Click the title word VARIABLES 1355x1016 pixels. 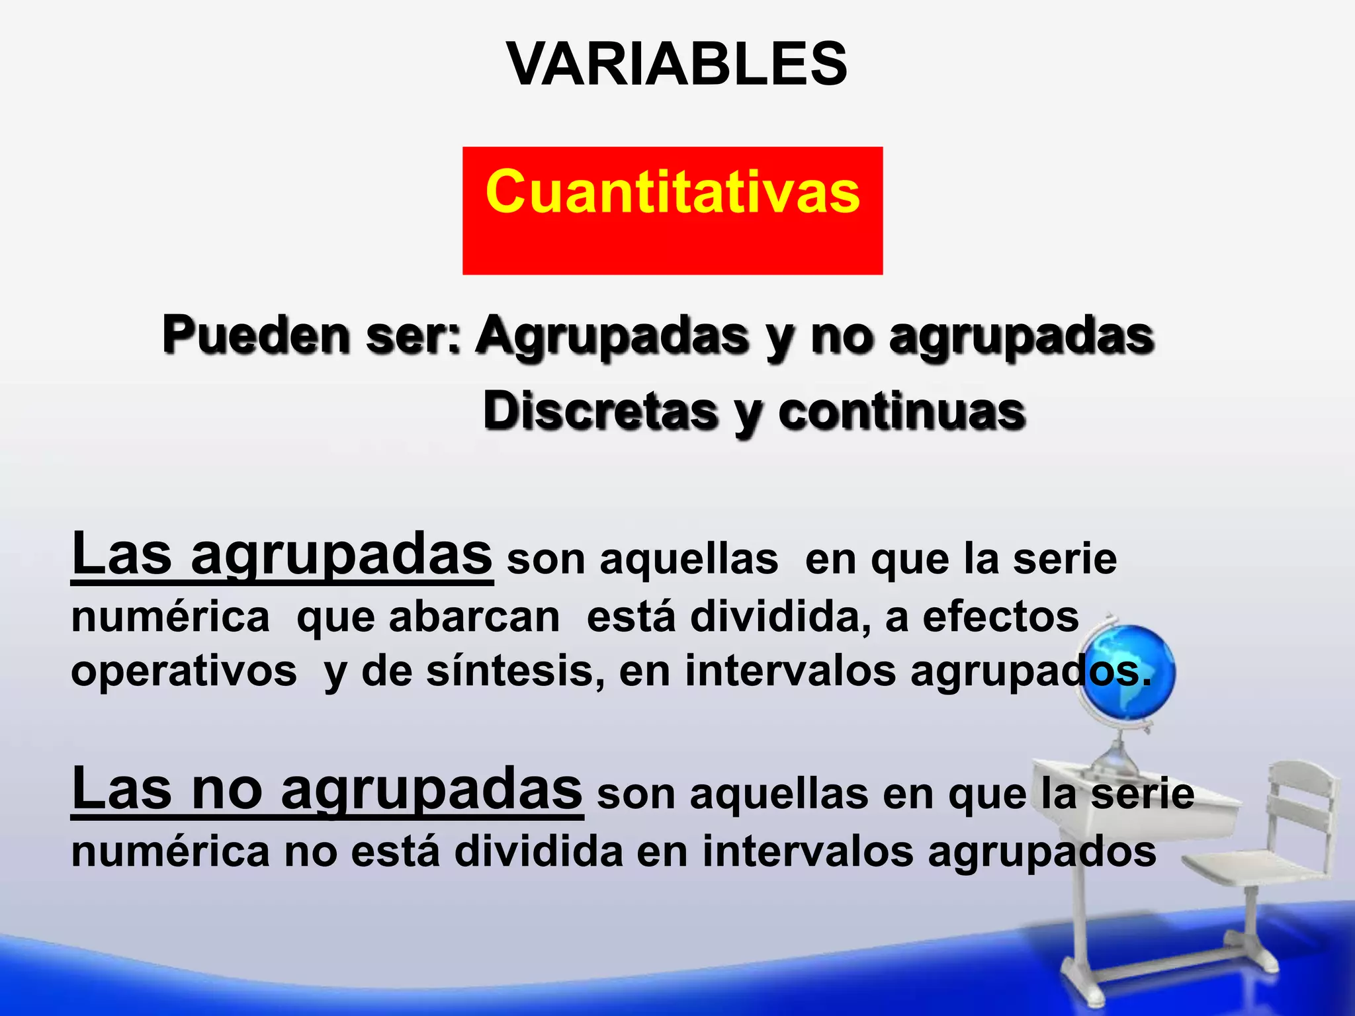[676, 64]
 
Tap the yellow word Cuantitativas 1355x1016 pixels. [672, 192]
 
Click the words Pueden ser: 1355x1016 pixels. [312, 335]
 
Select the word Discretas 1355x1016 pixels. [600, 411]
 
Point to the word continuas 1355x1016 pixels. [901, 411]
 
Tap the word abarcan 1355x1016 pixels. [474, 617]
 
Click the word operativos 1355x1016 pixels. [184, 671]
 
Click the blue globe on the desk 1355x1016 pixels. [1130, 672]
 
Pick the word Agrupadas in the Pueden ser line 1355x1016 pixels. [613, 335]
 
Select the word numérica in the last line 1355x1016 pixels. [170, 851]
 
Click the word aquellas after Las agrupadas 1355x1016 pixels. [688, 560]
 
